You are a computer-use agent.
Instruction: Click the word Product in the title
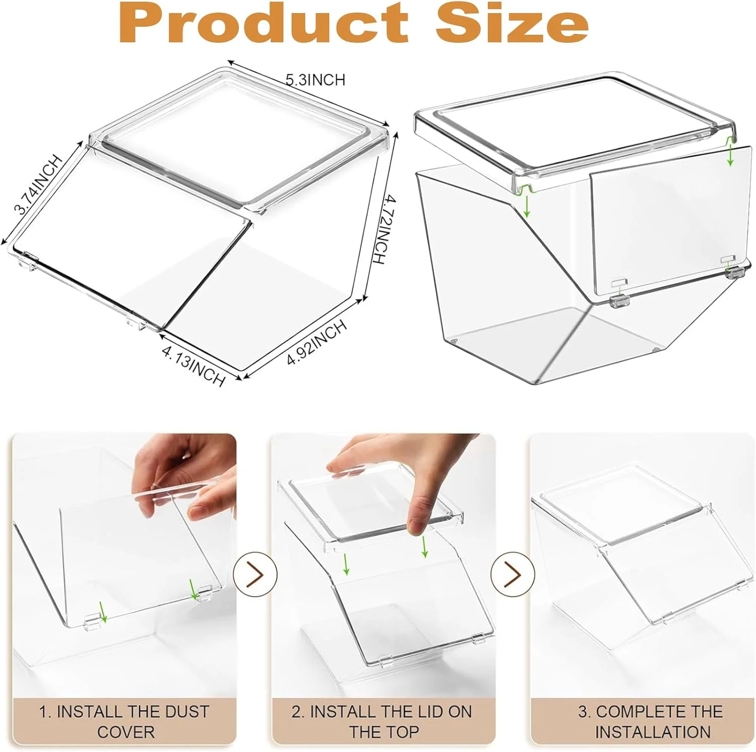tap(263, 23)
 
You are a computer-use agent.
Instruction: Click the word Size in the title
tap(512, 23)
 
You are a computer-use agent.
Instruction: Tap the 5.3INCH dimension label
tap(316, 80)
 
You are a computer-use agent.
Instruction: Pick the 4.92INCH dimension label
tap(317, 342)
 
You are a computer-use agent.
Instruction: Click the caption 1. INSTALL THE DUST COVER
tap(124, 721)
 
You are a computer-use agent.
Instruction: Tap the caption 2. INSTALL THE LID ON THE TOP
tap(382, 721)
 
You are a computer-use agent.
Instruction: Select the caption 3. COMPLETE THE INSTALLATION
tap(652, 721)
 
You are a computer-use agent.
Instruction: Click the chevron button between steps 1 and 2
tap(255, 575)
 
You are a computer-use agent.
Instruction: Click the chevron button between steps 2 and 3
tap(513, 575)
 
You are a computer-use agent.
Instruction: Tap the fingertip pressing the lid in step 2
tap(416, 524)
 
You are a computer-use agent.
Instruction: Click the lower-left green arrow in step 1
tap(103, 611)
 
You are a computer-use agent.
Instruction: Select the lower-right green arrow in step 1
tap(193, 590)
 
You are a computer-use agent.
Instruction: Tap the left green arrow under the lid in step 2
tap(346, 563)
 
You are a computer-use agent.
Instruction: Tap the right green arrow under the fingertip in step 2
tap(425, 546)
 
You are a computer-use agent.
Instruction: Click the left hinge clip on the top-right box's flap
tap(619, 300)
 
